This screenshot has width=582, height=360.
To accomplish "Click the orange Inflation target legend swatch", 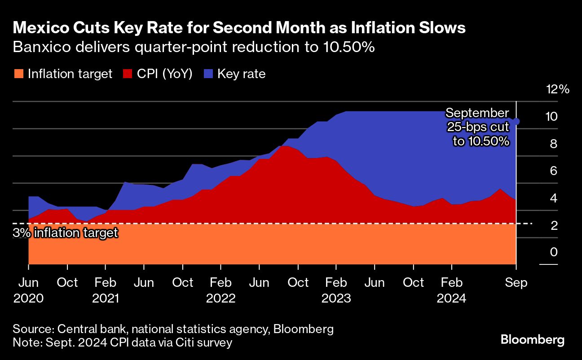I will tap(19, 74).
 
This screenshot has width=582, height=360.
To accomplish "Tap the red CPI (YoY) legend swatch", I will tap(128, 74).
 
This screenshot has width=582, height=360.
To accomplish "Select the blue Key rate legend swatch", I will tap(208, 74).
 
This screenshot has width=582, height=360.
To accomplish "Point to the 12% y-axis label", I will tap(557, 89).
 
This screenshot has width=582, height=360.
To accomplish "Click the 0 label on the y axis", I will tap(554, 252).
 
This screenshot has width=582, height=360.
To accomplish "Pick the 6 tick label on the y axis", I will tap(554, 171).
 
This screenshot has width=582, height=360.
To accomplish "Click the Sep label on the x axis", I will tap(516, 283).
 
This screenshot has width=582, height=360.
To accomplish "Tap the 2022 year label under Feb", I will tap(220, 298).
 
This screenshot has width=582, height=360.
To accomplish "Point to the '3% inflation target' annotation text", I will tap(66, 233).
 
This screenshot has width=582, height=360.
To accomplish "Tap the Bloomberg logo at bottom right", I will tap(532, 340).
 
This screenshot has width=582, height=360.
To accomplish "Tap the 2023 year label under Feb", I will tap(336, 298).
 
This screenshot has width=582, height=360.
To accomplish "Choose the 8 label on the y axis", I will tap(554, 144).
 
